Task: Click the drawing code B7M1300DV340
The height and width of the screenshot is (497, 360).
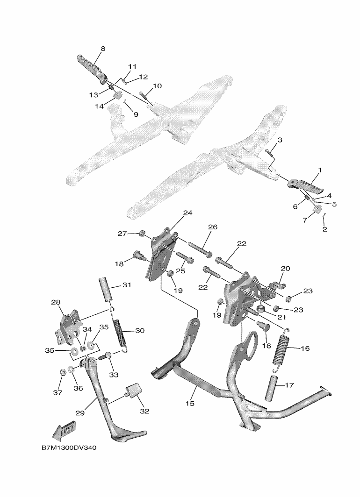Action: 69,448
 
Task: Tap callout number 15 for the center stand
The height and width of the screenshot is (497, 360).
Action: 190,404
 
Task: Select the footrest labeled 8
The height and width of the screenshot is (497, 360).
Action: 92,69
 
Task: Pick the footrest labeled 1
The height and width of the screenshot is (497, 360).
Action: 305,186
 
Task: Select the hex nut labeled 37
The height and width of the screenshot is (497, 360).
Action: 63,372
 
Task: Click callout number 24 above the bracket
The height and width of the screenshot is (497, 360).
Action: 188,213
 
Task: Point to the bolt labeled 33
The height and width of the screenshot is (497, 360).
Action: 106,355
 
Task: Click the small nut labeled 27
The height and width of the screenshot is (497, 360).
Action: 142,234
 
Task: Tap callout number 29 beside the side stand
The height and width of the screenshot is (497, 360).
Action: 80,413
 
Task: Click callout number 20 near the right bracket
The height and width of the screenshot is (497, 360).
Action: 286,269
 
